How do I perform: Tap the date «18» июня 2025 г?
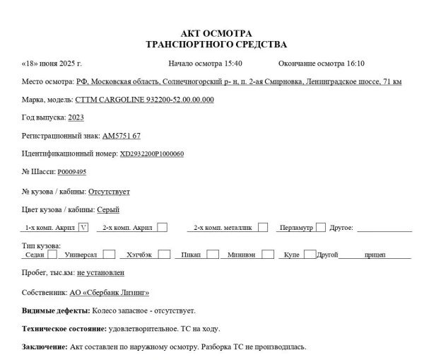coord(52,64)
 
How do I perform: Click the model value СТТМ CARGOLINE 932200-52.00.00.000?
coord(144,100)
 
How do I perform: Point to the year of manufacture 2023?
coord(76,117)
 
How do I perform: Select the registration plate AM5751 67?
coord(121,135)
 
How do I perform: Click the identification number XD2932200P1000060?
coord(151,153)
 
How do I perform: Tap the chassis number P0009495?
coord(72,172)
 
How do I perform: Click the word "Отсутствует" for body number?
coord(109,191)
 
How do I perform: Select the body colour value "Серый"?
coord(108,209)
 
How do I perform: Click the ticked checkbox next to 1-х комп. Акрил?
coord(83,228)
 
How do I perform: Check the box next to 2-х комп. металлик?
coord(262,228)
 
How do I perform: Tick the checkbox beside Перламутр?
coord(320,228)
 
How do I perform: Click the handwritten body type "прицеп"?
coord(375,255)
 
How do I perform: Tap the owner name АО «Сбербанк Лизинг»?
coord(110,292)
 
